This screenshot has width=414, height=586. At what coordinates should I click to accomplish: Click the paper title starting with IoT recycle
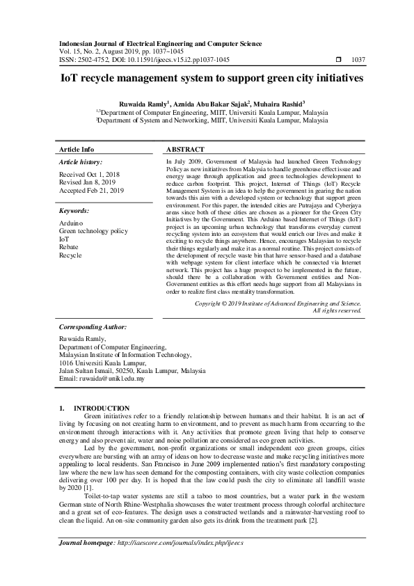pos(207,79)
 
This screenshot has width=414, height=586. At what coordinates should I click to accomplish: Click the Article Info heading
pos(77,150)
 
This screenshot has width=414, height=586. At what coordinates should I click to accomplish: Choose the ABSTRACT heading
pos(186,150)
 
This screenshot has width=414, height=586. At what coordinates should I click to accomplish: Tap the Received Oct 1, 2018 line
pos(90,174)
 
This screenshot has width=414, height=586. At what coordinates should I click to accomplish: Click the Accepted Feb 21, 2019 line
pos(91,190)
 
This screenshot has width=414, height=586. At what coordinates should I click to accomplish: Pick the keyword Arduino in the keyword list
pos(72,222)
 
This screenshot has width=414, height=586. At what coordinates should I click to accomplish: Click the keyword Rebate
pos(70,246)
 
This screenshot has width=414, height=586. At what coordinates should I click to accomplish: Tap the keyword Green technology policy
pos(93,230)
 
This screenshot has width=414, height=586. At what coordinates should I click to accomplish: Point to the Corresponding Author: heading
pos(93,326)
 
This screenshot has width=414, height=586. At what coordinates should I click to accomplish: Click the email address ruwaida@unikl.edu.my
pos(116,379)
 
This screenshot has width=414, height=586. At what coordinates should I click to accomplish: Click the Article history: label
pos(81,161)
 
